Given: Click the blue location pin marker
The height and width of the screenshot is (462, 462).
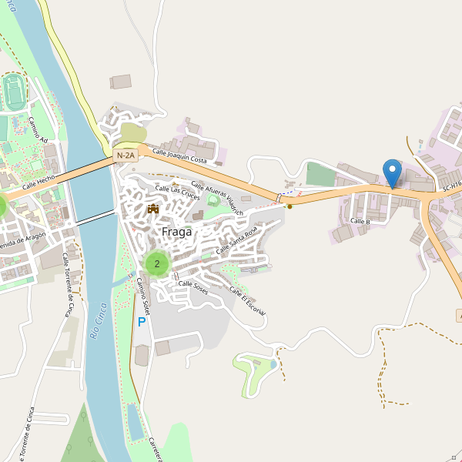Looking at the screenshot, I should [393, 172].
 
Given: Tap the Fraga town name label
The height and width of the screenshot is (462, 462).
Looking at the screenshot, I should [176, 231].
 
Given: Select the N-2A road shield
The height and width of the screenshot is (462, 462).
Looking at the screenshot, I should [126, 156].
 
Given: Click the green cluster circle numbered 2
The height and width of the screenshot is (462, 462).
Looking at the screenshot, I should [157, 264].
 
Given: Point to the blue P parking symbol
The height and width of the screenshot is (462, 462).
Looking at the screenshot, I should [141, 322].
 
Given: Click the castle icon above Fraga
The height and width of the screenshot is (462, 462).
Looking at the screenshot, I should [152, 209].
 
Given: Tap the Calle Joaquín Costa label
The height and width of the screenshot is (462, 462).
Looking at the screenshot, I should [179, 156].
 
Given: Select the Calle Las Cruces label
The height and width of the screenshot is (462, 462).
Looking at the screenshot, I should [172, 189].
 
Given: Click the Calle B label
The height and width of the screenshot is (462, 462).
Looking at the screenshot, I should [360, 222].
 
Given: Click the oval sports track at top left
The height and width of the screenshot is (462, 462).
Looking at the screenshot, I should [12, 92].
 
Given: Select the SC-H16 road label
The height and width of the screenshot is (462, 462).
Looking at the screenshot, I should [451, 186].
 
